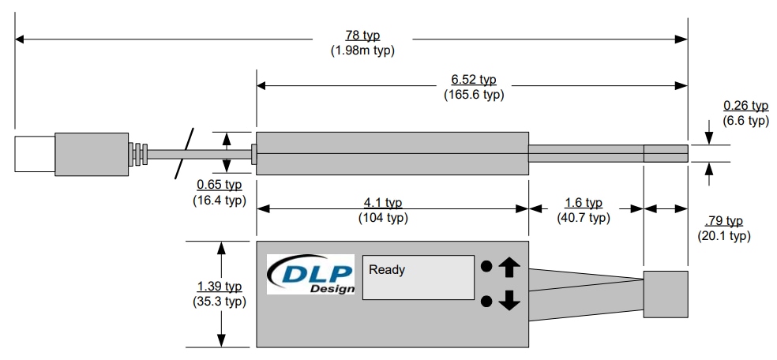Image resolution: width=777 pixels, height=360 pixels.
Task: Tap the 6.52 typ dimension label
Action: tap(473, 81)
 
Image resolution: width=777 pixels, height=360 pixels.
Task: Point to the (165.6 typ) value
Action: tap(473, 95)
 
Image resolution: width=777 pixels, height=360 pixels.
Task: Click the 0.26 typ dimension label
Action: tap(745, 106)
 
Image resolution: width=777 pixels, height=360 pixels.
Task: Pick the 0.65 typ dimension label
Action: tap(220, 186)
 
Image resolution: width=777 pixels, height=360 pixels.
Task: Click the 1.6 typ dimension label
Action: tap(584, 203)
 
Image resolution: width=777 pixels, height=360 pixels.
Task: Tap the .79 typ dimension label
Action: tap(723, 222)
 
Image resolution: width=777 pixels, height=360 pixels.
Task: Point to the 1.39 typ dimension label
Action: tap(220, 287)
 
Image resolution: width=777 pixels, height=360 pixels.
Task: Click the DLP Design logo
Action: tap(310, 274)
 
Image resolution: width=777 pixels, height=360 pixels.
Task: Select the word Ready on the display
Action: tap(387, 270)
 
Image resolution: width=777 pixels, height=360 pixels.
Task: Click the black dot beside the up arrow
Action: tap(487, 267)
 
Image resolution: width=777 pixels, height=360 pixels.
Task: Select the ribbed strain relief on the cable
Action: tap(139, 154)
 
